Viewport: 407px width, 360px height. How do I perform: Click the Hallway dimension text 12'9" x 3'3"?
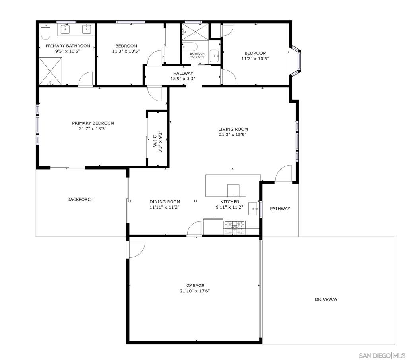click(x=183, y=79)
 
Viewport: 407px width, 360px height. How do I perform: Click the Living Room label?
click(x=233, y=129)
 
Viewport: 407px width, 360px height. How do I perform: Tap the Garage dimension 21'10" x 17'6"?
click(x=195, y=291)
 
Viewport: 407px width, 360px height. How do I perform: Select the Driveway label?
click(x=326, y=300)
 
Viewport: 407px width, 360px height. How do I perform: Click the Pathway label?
click(x=280, y=209)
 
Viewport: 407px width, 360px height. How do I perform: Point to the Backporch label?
click(x=80, y=199)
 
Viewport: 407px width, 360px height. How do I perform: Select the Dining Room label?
click(x=165, y=202)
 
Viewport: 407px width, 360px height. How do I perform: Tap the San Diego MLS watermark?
click(x=382, y=355)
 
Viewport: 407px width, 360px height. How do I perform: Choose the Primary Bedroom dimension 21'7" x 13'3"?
click(x=93, y=128)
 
